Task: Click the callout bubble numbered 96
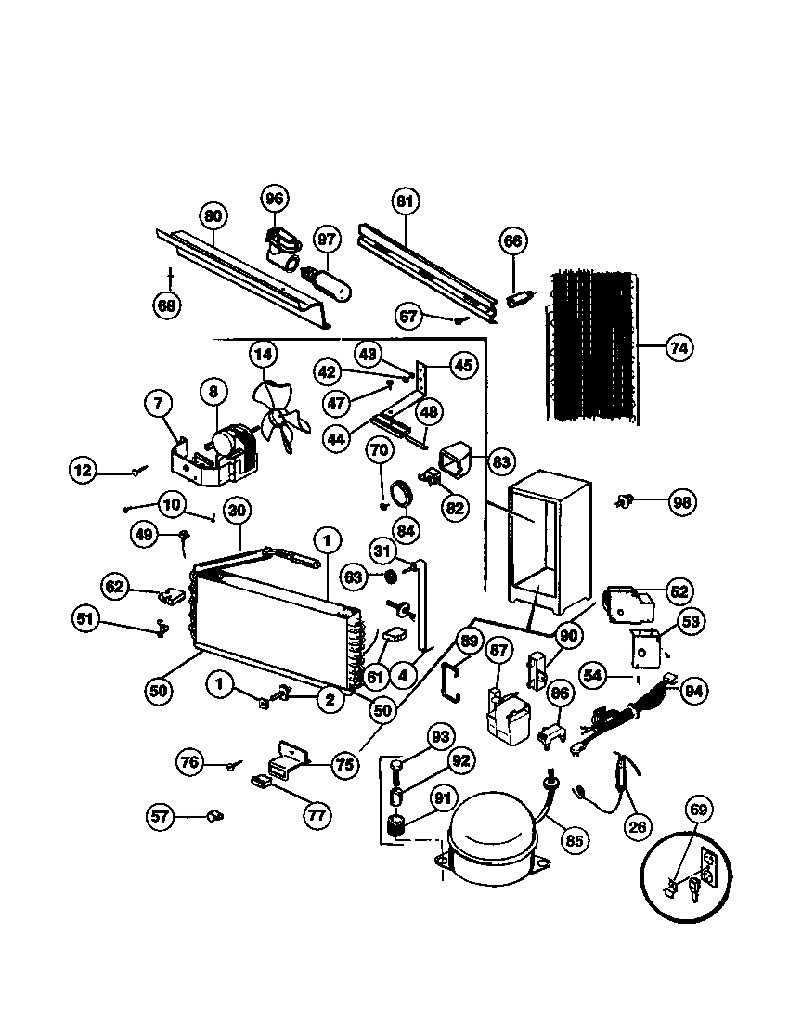[x=274, y=199]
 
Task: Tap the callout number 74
[x=679, y=348]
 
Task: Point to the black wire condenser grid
[x=591, y=345]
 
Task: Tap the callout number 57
[x=161, y=817]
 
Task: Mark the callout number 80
[x=213, y=217]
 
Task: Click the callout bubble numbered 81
[x=406, y=201]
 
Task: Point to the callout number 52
[x=679, y=590]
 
